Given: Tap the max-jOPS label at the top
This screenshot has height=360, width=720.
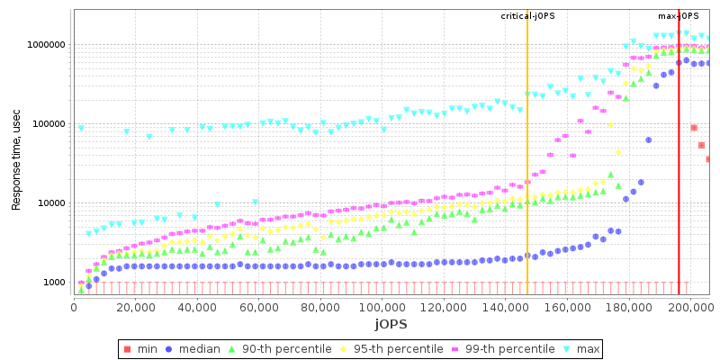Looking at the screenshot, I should click(x=679, y=16).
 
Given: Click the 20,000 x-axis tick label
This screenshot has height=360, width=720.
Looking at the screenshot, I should click(x=135, y=307).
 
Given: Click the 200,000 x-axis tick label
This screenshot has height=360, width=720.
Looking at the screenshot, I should click(x=690, y=307).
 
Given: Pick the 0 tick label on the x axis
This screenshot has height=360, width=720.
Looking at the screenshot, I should click(x=74, y=307).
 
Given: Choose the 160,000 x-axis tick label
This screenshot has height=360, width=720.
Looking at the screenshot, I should click(x=567, y=307).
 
